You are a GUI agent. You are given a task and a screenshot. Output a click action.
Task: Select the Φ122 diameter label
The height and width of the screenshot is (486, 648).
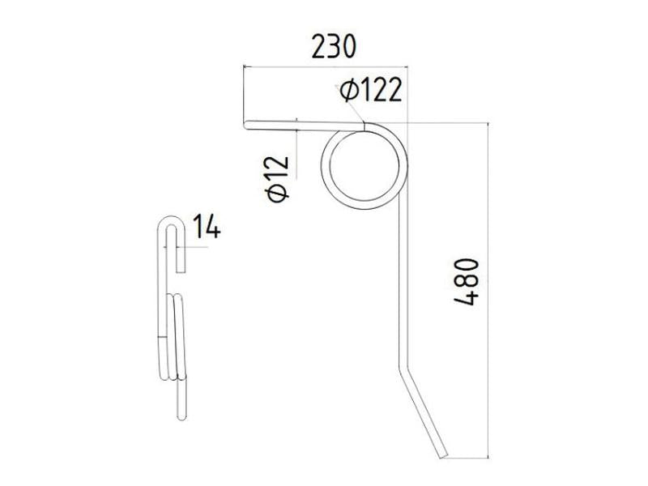(x=371, y=90)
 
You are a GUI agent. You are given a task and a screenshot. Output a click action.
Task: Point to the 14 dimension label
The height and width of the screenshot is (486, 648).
(x=206, y=227)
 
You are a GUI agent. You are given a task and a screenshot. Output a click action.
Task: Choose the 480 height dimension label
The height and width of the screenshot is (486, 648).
(x=469, y=283)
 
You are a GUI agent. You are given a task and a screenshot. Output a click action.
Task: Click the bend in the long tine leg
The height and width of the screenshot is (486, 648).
(x=403, y=363)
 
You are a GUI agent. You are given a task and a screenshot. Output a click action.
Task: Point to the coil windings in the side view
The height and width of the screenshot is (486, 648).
(x=177, y=336)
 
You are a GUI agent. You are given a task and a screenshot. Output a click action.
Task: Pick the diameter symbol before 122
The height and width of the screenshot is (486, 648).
(x=349, y=90)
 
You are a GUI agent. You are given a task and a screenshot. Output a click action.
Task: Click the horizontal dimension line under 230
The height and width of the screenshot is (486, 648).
(x=324, y=67)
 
